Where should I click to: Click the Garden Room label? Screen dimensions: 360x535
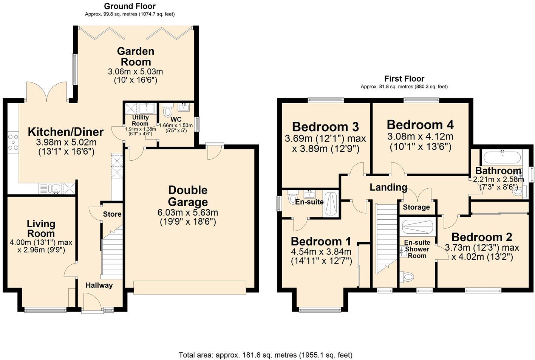135,56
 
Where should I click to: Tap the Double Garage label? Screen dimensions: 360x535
188,196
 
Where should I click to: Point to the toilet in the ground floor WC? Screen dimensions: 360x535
167,111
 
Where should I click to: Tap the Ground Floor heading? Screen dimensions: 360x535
130,6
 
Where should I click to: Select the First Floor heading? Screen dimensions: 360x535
404,79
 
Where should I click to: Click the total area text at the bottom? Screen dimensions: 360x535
265,355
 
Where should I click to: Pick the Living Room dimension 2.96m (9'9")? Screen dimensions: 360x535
42,250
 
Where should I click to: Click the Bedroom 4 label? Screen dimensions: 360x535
420,124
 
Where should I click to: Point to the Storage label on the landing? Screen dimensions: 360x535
416,207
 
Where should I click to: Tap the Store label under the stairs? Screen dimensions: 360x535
112,214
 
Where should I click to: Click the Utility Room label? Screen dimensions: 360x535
140,120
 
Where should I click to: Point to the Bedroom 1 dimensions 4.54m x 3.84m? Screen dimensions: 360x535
321,252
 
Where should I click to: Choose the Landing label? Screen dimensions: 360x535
388,187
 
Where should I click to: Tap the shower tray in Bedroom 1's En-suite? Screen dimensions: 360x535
331,204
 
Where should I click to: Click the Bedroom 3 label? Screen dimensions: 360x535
325,126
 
